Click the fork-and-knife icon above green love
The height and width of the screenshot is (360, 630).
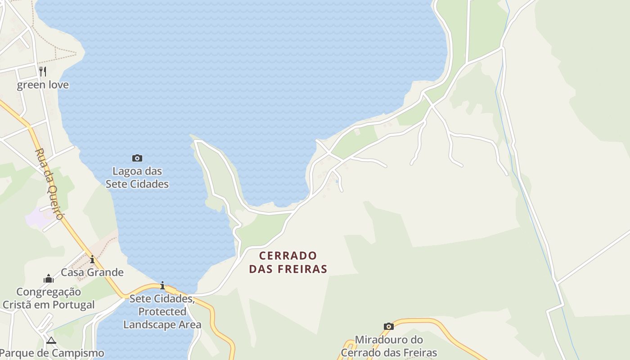click(x=43, y=71)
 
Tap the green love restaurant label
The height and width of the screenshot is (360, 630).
click(x=43, y=85)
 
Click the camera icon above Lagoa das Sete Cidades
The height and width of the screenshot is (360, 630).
click(x=137, y=158)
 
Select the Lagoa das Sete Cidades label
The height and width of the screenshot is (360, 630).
click(x=137, y=177)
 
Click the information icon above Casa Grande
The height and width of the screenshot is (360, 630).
click(x=92, y=260)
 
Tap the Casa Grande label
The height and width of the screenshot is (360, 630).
click(x=92, y=272)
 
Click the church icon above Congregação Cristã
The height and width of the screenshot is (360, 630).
click(x=49, y=279)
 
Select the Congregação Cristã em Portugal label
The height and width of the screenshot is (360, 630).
click(x=49, y=298)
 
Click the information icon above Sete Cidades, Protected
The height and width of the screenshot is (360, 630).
click(x=162, y=286)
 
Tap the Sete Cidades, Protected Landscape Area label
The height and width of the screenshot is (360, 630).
click(x=162, y=311)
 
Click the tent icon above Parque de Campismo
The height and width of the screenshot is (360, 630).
click(x=51, y=340)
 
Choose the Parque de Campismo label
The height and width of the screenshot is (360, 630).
click(x=52, y=353)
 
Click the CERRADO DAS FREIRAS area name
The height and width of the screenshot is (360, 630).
click(x=288, y=262)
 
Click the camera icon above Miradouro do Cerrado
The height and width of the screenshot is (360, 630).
click(x=389, y=326)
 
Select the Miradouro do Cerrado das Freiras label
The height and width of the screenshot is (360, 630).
click(x=389, y=346)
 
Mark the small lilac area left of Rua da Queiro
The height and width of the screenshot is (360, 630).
click(x=37, y=217)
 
